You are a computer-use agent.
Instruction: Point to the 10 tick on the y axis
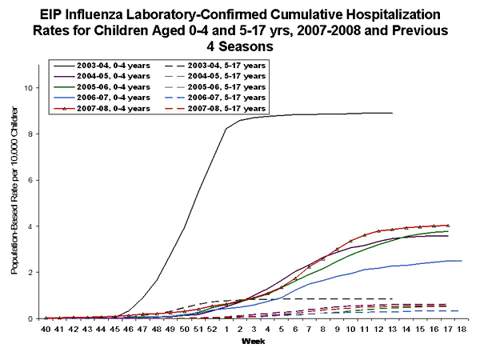pyautogui.click(x=30, y=88)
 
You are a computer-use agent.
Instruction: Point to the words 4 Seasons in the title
pyautogui.click(x=240, y=47)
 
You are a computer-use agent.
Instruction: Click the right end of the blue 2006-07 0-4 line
pyautogui.click(x=462, y=261)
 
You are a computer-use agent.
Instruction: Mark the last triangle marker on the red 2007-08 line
pyautogui.click(x=448, y=226)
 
